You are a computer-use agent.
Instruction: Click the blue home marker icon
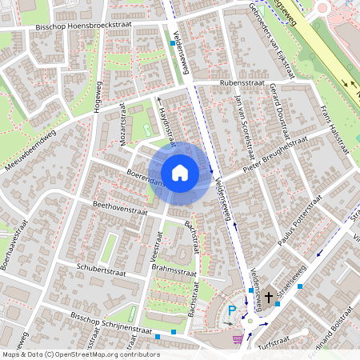pos(180,172)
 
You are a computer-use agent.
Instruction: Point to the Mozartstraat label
pos(123,124)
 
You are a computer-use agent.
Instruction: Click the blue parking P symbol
pos(233,310)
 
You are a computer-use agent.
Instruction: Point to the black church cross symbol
pos(269,298)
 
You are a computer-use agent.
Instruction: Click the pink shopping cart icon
pos(237,338)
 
